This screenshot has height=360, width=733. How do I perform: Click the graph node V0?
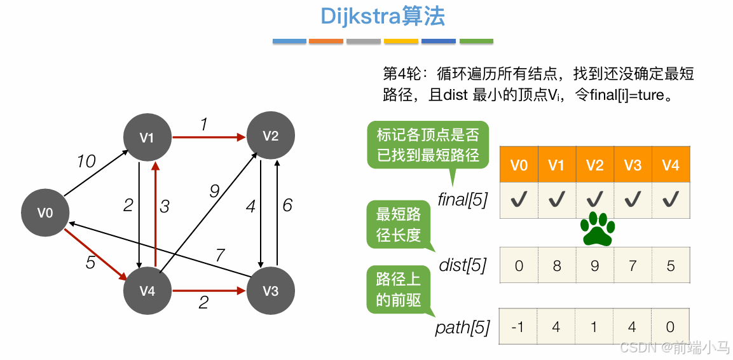(x=45, y=213)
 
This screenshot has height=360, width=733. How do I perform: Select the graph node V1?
(x=147, y=137)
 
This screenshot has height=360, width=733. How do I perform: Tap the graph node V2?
(x=271, y=136)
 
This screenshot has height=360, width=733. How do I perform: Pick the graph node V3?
(x=271, y=291)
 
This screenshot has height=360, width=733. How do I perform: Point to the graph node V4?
(x=147, y=291)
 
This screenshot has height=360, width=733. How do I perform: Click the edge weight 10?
(x=86, y=162)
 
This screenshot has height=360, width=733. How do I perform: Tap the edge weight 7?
(x=220, y=255)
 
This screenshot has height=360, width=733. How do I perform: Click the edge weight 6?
(x=287, y=205)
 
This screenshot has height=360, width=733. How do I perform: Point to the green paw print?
(x=598, y=229)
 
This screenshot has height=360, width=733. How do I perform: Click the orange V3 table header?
(x=633, y=165)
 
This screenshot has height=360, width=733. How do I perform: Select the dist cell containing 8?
(x=557, y=265)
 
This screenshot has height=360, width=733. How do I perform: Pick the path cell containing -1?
(x=519, y=327)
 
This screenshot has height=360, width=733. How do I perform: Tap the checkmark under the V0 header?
(x=519, y=200)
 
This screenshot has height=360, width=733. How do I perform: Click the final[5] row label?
(x=463, y=200)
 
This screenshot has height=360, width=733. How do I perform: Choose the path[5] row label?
(x=463, y=328)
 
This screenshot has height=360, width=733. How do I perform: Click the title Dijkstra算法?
(x=383, y=17)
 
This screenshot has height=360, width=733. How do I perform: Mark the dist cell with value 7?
(x=633, y=265)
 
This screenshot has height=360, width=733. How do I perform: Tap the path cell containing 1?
(x=595, y=327)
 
